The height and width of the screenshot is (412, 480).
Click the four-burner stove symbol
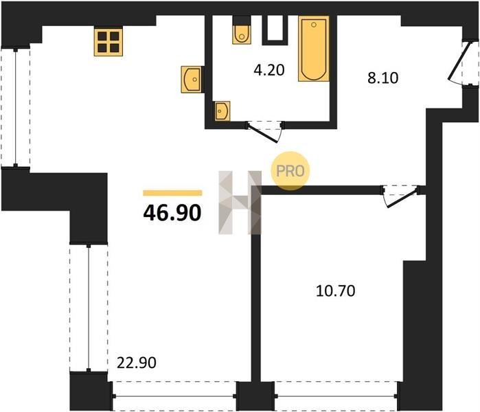108,42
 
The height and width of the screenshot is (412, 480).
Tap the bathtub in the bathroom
314,49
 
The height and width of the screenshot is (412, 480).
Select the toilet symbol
242,34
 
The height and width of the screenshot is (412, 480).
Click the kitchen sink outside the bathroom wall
192,79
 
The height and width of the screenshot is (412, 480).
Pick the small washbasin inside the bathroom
222,111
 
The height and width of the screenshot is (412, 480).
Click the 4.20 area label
269,70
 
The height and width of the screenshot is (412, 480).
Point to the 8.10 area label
383,78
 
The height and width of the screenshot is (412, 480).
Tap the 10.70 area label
336,290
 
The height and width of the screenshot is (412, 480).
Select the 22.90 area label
137,363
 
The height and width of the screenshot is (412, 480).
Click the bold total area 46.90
172,213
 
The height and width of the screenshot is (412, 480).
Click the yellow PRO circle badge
290,171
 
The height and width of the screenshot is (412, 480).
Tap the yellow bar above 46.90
172,193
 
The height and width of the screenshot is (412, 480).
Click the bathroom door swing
264,132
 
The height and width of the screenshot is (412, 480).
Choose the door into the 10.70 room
400,196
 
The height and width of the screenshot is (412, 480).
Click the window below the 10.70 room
336,396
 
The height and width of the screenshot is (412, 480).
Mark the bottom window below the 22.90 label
174,396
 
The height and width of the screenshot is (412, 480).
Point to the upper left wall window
16,107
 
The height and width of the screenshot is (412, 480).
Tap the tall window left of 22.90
89,308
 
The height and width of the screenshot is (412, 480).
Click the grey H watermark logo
240,203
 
